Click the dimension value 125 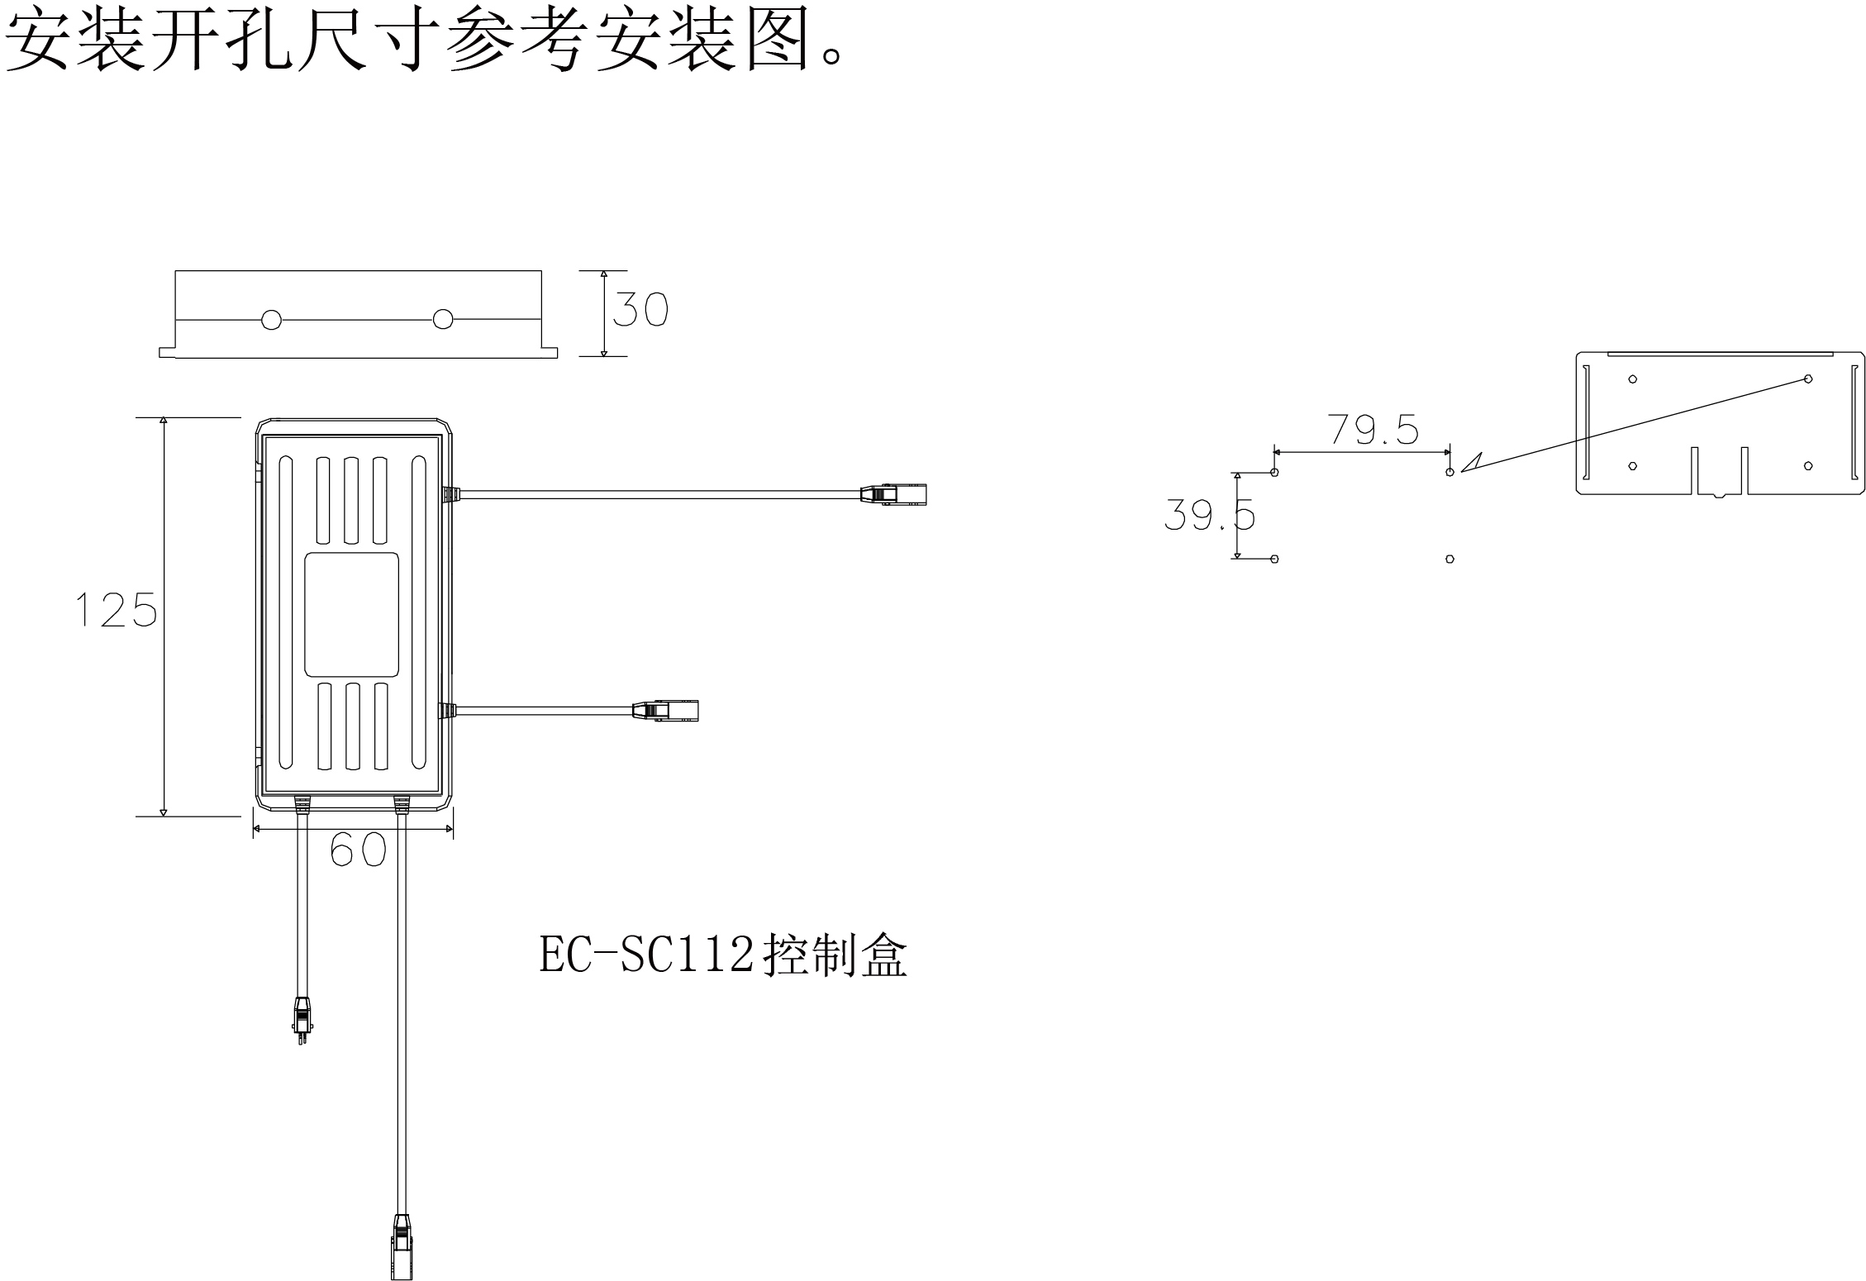(x=116, y=610)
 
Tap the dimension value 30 (x=640, y=310)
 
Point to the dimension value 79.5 (x=1373, y=430)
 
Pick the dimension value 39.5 (x=1209, y=516)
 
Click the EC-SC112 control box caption (x=723, y=956)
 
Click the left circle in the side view (x=271, y=320)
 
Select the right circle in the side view (x=443, y=319)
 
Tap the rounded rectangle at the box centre (x=352, y=615)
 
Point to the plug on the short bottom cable (x=302, y=1021)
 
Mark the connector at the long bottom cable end (x=401, y=1248)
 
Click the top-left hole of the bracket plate (x=1632, y=379)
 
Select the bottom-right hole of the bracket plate (x=1808, y=466)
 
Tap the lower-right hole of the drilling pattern (x=1449, y=560)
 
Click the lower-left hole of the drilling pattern (x=1274, y=560)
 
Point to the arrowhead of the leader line (x=1470, y=464)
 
